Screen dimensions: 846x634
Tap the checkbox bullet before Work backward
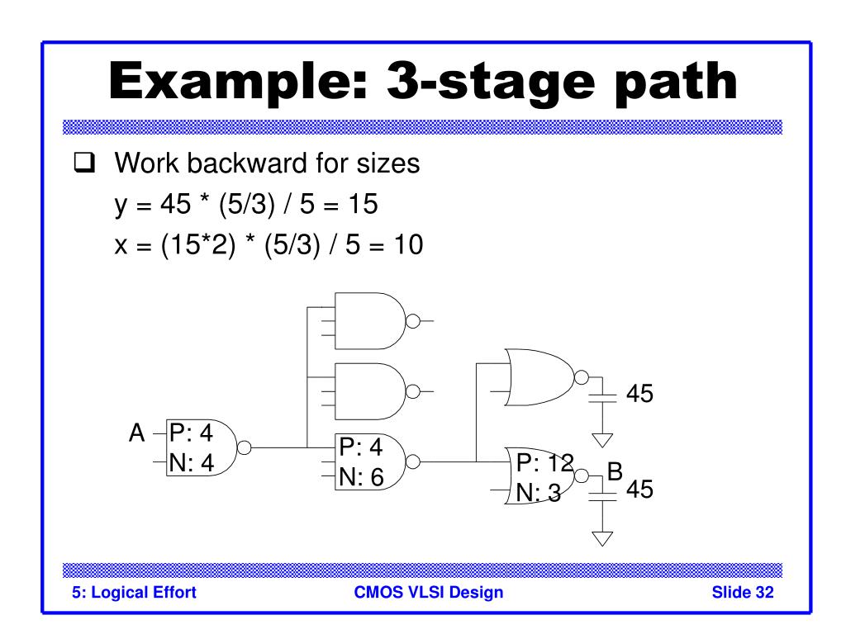coord(84,163)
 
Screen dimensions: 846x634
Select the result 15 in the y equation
coord(364,205)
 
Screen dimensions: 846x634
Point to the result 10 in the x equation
coord(408,244)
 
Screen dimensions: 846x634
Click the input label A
coord(137,433)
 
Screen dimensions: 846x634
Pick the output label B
coord(615,471)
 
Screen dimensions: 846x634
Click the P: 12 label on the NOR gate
coord(545,462)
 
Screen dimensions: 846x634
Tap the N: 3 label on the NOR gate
coord(539,493)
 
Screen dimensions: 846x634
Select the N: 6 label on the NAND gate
coord(362,477)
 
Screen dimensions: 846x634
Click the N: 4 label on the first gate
coord(192,463)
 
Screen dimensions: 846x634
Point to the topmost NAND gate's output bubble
coord(413,321)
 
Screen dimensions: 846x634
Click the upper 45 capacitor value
coord(640,394)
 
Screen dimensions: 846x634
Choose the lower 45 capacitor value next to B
coord(640,490)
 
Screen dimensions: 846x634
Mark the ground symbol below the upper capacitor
coord(602,441)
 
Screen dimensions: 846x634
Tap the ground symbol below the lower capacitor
coord(602,538)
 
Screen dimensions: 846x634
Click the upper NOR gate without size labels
coord(539,377)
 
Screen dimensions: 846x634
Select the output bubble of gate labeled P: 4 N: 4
coord(245,448)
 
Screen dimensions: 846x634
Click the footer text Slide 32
coord(743,592)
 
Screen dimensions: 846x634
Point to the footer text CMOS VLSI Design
coord(429,592)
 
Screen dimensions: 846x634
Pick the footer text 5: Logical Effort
coord(134,593)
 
